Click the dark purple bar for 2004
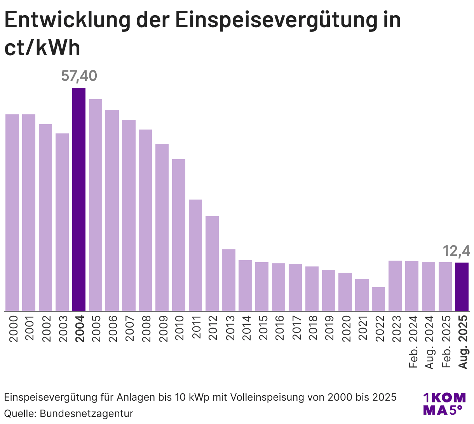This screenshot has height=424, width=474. pyautogui.click(x=79, y=199)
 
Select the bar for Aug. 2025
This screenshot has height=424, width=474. pyautogui.click(x=462, y=287)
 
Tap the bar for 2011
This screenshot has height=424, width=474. pyautogui.click(x=195, y=255)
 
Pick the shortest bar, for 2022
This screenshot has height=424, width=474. pyautogui.click(x=378, y=299)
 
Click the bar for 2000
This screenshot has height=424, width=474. pyautogui.click(x=12, y=212)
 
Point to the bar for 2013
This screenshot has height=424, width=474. pyautogui.click(x=229, y=280)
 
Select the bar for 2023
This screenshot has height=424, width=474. pyautogui.click(x=395, y=286)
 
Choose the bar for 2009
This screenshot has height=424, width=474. pyautogui.click(x=162, y=227)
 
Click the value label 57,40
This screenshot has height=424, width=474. pyautogui.click(x=79, y=76)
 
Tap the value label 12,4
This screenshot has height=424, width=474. pyautogui.click(x=457, y=251)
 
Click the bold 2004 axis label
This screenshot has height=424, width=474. pyautogui.click(x=79, y=329)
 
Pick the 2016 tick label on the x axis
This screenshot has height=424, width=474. pyautogui.click(x=279, y=329)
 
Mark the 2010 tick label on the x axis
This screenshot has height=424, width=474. pyautogui.click(x=179, y=329)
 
